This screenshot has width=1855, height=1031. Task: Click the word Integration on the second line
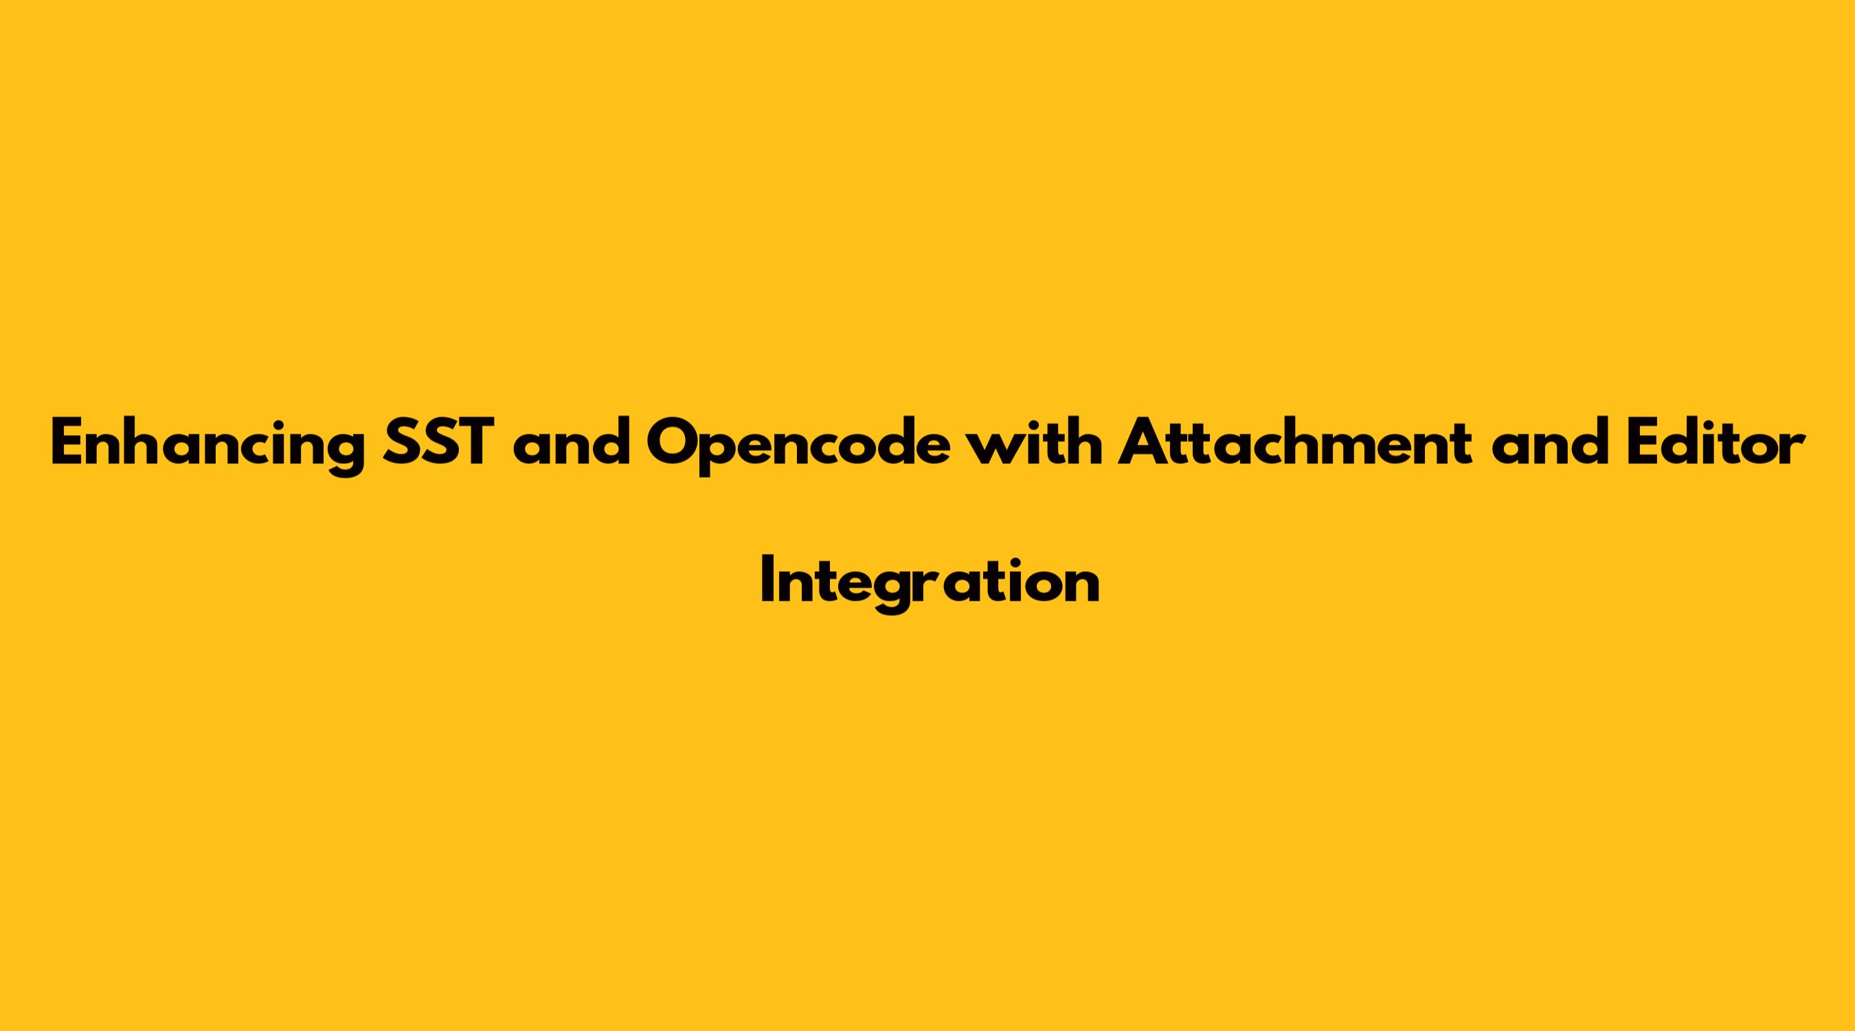point(930,581)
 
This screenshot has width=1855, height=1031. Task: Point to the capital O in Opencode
point(675,441)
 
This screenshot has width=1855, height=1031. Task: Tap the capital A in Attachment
point(1143,441)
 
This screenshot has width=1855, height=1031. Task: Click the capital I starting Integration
point(766,579)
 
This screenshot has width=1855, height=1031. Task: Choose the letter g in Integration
point(897,592)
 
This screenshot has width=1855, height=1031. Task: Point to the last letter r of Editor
point(1792,447)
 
